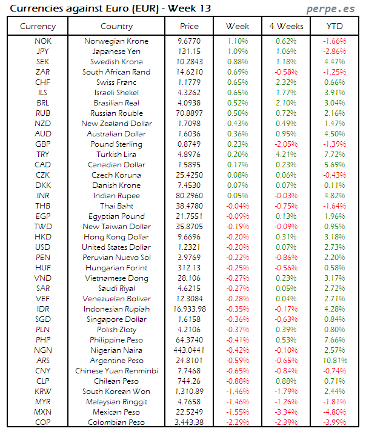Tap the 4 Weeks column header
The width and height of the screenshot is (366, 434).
point(285,27)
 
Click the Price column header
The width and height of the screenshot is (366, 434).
point(189,27)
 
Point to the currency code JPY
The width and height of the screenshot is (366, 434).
point(43,52)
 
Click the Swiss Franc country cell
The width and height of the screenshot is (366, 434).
point(116,82)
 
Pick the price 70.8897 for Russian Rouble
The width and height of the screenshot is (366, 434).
point(189,113)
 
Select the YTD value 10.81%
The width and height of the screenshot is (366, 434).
point(334,361)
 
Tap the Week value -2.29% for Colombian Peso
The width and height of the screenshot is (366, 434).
point(238,422)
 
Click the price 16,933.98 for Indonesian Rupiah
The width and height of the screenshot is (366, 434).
point(189,309)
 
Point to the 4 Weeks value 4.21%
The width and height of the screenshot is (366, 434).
point(285,155)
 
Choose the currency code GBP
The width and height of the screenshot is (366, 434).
point(43,144)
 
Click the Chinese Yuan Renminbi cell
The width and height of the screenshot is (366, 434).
point(116,371)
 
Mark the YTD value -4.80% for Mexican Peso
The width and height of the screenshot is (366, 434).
point(334,412)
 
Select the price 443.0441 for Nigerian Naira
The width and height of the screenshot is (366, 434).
point(189,350)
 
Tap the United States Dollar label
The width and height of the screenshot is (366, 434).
point(116,247)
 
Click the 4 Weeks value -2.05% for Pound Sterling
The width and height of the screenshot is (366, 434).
point(285,144)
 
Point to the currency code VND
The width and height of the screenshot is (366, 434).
point(43,278)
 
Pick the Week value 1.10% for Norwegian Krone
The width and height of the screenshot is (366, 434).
point(238,41)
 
